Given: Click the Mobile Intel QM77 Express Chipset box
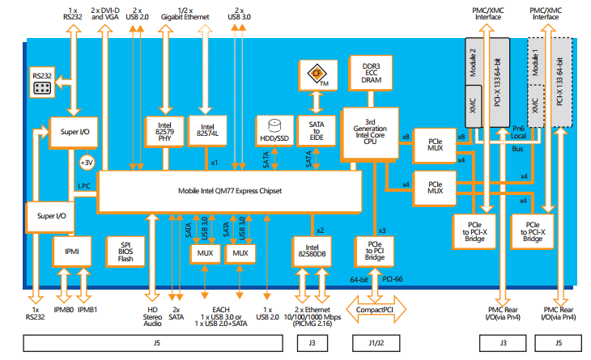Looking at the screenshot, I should (230, 192).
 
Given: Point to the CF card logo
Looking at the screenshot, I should (317, 74).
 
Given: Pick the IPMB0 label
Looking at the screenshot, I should (63, 309).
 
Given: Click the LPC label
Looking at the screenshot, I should (83, 186).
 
